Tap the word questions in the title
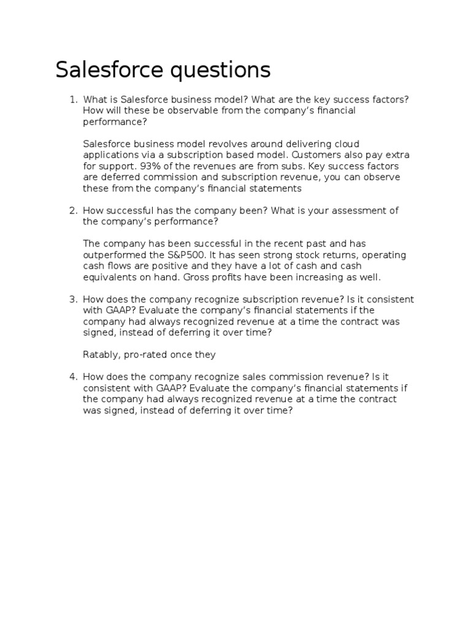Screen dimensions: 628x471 click(217, 71)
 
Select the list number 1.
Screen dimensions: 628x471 click(72, 99)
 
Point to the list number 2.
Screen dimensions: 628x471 click(72, 210)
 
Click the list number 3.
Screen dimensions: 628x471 click(72, 299)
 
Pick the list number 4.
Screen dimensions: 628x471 click(72, 377)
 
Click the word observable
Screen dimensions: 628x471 click(164, 110)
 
